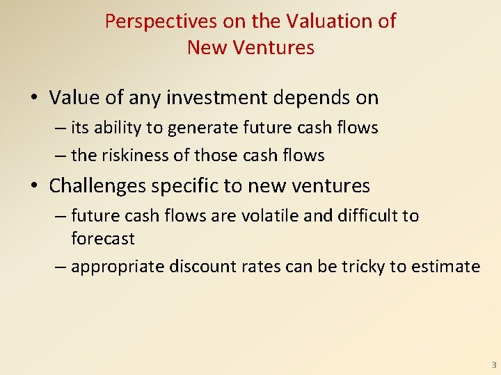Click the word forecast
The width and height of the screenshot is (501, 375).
coord(102,239)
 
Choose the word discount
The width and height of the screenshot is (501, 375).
coord(198,267)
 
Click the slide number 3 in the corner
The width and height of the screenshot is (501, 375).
coord(493,365)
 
